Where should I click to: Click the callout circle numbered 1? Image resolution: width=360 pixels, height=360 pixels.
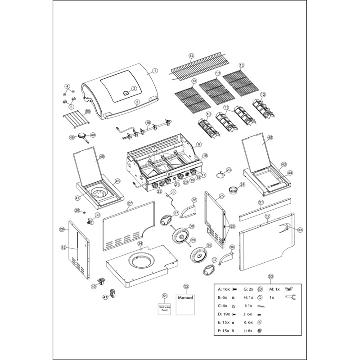coord(154,70)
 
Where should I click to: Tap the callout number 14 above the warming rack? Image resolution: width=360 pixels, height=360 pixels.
coord(191,56)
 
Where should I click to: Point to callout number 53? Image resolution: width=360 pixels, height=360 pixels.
coord(270,277)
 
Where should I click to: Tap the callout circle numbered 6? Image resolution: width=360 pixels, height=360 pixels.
coord(199,144)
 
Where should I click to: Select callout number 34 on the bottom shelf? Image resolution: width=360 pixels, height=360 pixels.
coord(140,243)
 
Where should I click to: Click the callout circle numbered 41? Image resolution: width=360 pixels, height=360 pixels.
coord(105,297)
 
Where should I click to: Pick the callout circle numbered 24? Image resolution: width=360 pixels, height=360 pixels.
coord(242,184)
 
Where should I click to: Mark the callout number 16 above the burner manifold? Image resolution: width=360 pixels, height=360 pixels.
coord(148,122)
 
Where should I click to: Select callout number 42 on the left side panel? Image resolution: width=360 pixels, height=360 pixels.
coord(64,247)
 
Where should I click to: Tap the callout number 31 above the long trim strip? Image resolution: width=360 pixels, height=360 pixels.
coord(261,203)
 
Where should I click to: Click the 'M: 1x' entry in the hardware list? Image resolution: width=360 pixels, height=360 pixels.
coord(275,289)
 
